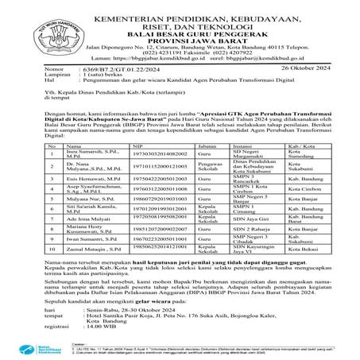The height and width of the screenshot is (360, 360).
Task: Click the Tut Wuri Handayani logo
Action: pyautogui.click(x=41, y=30)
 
